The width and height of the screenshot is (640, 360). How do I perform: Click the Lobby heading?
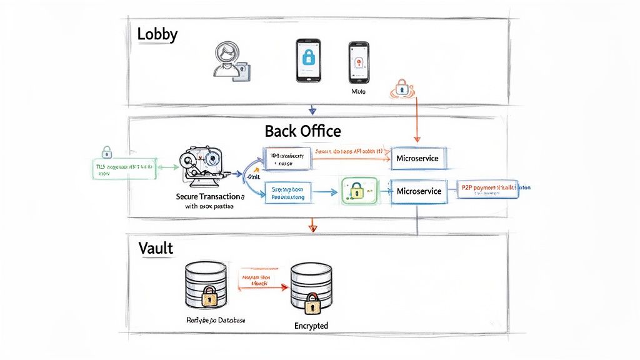(x=157, y=34)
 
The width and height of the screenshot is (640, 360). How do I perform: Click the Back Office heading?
(x=302, y=131)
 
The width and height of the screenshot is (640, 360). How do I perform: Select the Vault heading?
(x=156, y=248)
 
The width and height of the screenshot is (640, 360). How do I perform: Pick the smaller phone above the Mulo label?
(x=358, y=62)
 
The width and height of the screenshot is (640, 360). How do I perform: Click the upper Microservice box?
(x=417, y=159)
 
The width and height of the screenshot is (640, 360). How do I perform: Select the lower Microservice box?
(x=418, y=191)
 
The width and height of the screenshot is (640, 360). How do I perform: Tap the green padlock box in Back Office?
(x=360, y=189)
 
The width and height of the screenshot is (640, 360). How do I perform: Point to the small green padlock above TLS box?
(x=107, y=151)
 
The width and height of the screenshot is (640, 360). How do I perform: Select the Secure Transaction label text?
(x=209, y=196)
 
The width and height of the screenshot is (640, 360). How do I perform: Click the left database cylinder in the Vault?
(x=206, y=284)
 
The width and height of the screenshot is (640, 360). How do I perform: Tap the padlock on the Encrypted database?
(x=311, y=306)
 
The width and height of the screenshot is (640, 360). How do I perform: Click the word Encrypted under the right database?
(x=311, y=326)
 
